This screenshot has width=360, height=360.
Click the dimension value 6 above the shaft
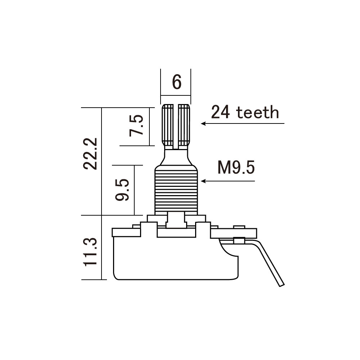coord(176,82)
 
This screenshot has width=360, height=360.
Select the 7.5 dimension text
coord(136,126)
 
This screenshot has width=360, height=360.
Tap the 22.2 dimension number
coord(90,154)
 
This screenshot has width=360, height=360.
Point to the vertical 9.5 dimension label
coord(122,190)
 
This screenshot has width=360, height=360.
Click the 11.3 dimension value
coord(90,252)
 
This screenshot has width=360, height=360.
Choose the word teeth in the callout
coord(257,112)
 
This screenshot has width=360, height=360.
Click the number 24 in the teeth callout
coord(220,112)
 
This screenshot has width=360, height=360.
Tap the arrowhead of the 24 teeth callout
coord(203,123)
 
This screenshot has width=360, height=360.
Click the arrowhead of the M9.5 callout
coord(203,181)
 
